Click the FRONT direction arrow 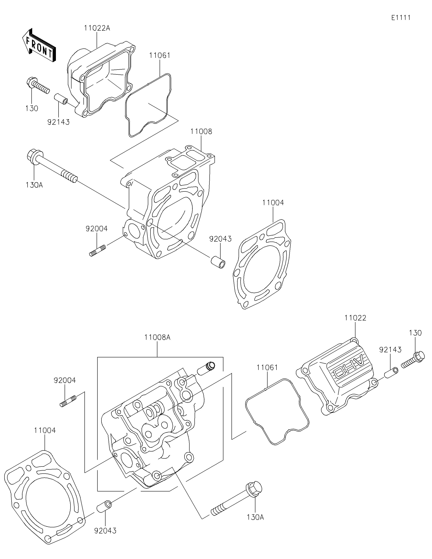(39, 45)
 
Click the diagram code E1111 (401, 18)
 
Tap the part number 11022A (97, 28)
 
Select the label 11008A (157, 337)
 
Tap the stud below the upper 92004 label (98, 250)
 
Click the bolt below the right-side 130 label (413, 360)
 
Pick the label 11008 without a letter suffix (201, 132)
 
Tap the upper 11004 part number (273, 203)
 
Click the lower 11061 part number (267, 368)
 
